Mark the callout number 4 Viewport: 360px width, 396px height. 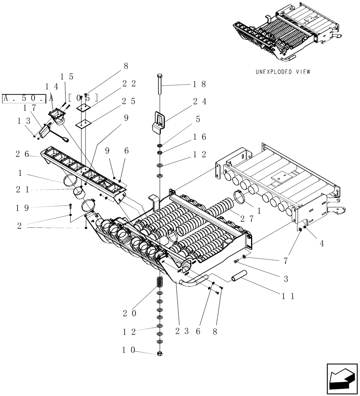point(322,244)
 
